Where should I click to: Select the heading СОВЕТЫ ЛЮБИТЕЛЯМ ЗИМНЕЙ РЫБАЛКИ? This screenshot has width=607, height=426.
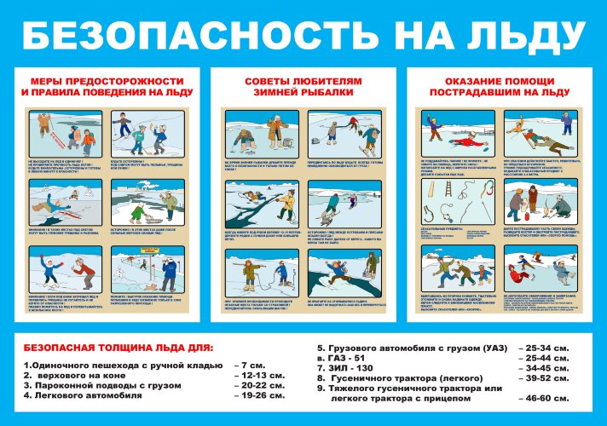click(303, 86)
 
